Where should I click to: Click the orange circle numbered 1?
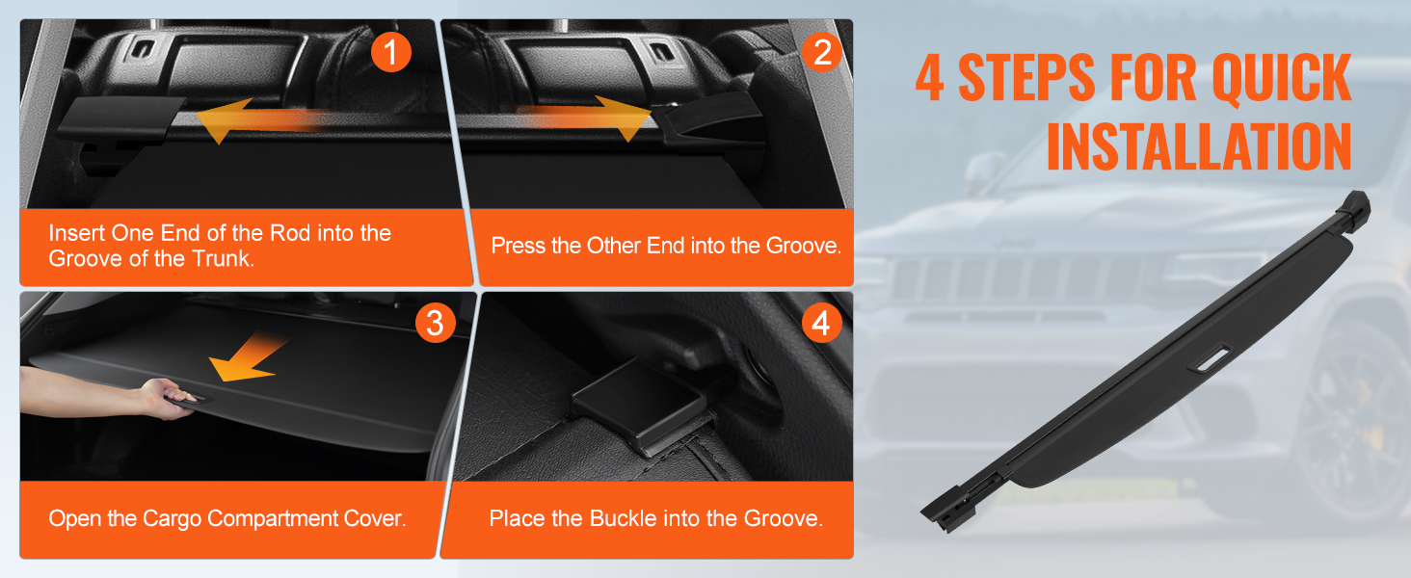click(x=390, y=52)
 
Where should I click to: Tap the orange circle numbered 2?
click(x=822, y=52)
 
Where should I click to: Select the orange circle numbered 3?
click(x=436, y=323)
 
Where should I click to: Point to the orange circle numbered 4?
click(x=821, y=323)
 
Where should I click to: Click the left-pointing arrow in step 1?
click(x=264, y=119)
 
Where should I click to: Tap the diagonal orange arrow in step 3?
click(x=249, y=357)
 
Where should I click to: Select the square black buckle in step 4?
click(x=639, y=403)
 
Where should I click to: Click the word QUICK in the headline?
click(x=1281, y=78)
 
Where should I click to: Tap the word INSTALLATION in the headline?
click(x=1199, y=146)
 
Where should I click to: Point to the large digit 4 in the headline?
click(x=929, y=78)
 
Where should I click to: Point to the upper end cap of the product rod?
click(x=1354, y=208)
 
